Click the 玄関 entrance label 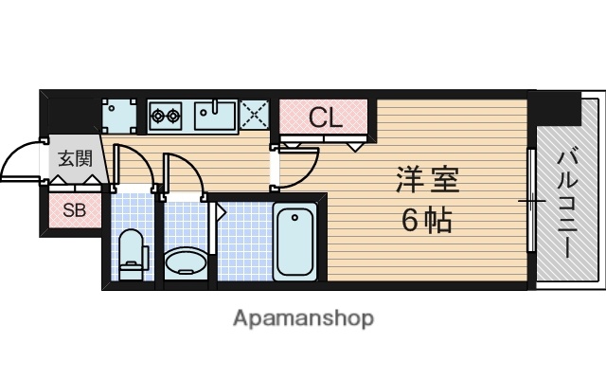[74, 159]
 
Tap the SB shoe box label [74, 210]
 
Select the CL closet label [325, 118]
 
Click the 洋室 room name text [427, 179]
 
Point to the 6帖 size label [426, 221]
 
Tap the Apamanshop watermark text [303, 316]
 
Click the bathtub [295, 243]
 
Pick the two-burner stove [167, 117]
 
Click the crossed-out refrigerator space [256, 116]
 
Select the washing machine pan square [120, 117]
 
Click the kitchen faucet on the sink [218, 106]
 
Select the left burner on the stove [158, 117]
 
